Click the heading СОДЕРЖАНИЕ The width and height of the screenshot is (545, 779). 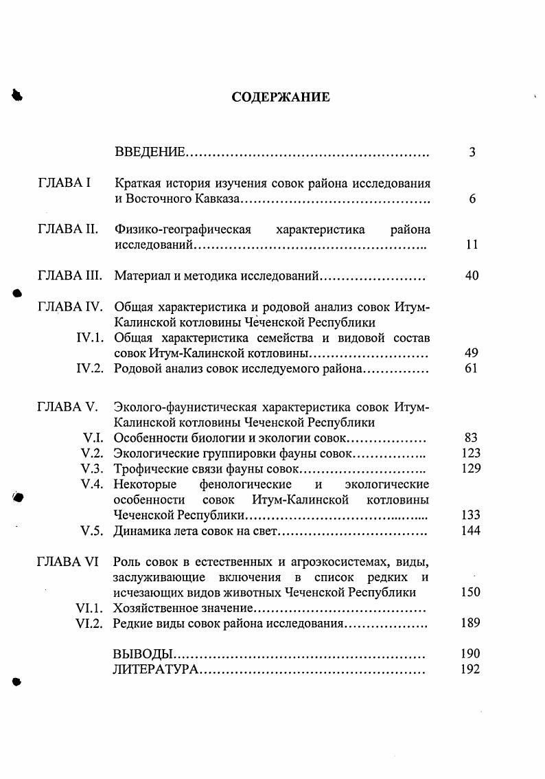(280, 97)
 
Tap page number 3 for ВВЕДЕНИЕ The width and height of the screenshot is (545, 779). (472, 153)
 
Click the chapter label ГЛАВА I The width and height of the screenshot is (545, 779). (64, 183)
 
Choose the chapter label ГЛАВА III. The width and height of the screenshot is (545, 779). (69, 276)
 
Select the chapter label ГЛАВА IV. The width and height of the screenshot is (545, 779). (69, 306)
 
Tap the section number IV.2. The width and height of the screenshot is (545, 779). (90, 369)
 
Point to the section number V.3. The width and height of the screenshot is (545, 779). (92, 468)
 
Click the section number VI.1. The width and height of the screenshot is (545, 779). (89, 608)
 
